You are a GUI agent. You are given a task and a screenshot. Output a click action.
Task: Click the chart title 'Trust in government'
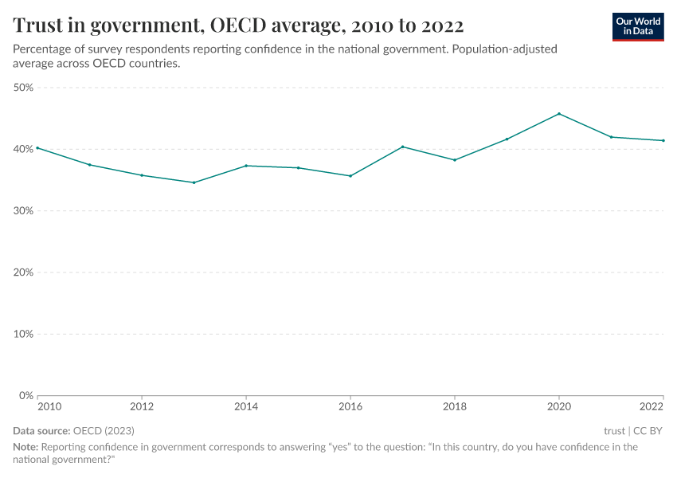[x=238, y=25]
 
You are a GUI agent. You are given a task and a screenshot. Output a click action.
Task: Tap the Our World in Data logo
[x=637, y=26]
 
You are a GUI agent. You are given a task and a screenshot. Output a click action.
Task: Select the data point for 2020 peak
[x=559, y=114]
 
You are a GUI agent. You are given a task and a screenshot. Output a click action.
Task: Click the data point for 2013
[x=194, y=182]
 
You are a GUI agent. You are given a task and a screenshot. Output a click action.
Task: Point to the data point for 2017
[x=403, y=147]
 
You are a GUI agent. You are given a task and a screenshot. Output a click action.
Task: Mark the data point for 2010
[x=37, y=147]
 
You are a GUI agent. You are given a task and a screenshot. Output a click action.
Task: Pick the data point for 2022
[x=663, y=141]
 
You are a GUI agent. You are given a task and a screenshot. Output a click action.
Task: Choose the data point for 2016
[x=350, y=176]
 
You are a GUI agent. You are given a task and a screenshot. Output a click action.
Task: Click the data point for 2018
[x=455, y=160]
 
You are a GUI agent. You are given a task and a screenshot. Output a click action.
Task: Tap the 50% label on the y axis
[x=23, y=88]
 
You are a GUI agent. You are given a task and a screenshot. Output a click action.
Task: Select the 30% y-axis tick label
[x=23, y=211]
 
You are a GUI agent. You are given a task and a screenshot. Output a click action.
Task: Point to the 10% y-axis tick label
[x=23, y=334]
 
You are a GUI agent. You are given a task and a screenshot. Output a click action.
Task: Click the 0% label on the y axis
[x=25, y=395]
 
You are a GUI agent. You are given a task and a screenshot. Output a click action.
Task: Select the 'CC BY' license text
[x=648, y=431]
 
